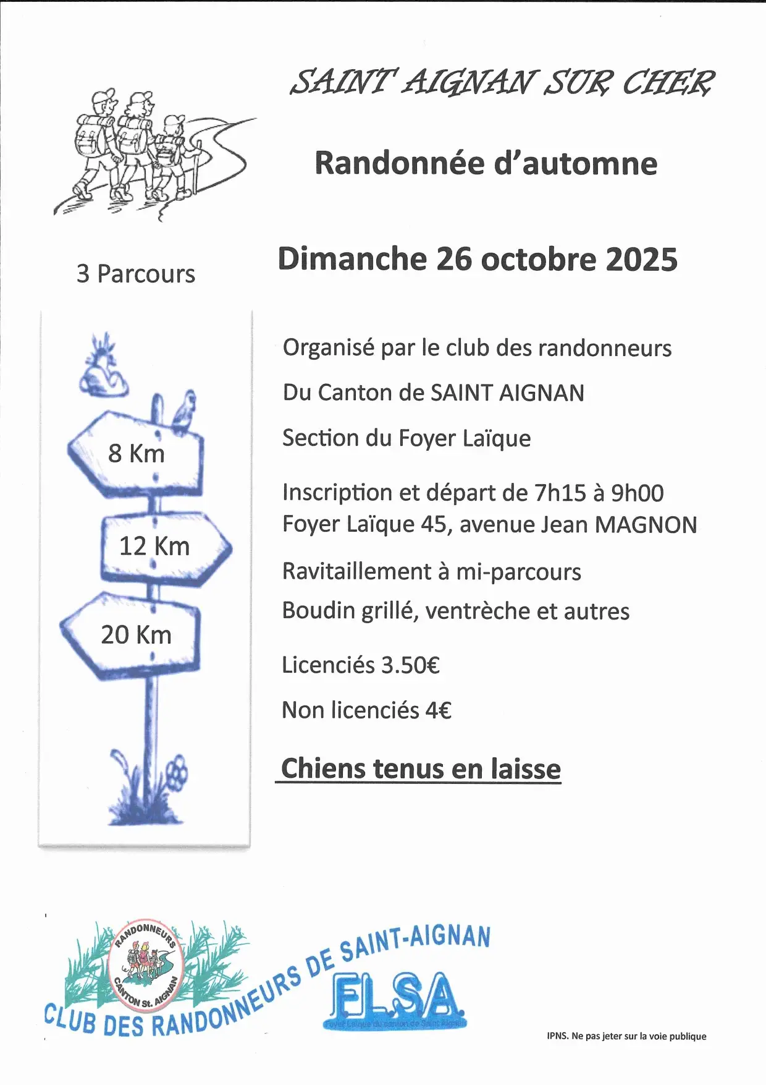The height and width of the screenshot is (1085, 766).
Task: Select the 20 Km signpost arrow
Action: click(x=133, y=635)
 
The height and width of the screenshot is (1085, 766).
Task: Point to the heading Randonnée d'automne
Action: click(x=486, y=163)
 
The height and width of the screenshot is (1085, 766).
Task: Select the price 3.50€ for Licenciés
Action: click(x=410, y=665)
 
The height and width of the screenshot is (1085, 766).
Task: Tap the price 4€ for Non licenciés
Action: click(x=438, y=710)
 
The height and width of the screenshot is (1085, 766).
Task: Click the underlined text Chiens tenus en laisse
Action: click(x=421, y=768)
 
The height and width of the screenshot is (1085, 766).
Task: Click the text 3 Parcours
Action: click(x=135, y=274)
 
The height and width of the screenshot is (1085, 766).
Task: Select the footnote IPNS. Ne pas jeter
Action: click(x=626, y=1036)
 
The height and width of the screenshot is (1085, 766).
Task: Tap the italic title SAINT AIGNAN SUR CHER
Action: click(x=502, y=82)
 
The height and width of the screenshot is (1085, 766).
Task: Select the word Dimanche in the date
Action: click(x=352, y=259)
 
